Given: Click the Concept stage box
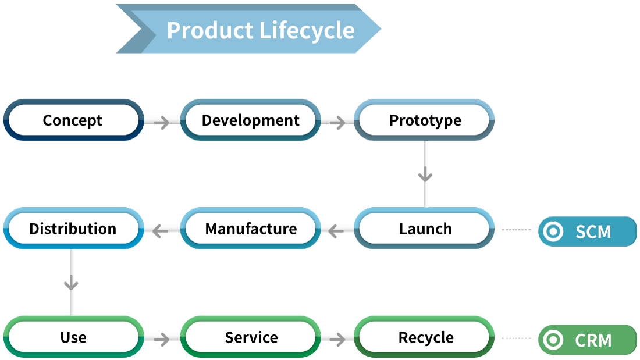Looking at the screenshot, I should [73, 120].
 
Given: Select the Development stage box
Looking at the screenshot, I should [250, 120].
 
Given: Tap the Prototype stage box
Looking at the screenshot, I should [425, 120].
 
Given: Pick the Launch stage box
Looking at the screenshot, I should [425, 229].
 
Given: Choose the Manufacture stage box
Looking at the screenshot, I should [250, 229].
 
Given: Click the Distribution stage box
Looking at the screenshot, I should [73, 229].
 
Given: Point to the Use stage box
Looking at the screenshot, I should [73, 337].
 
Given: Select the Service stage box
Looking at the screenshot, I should [250, 337].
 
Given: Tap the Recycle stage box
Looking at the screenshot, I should [425, 337].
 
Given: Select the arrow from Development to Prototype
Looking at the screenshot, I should [337, 122].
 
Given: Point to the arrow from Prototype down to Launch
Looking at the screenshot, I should [426, 174].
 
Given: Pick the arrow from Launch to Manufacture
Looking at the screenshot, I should [336, 231].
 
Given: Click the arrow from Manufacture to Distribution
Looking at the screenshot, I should [160, 231].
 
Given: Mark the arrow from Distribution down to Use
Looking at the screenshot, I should [72, 283].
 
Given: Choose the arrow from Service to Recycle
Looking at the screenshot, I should [337, 338].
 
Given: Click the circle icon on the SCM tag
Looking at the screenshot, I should [553, 232].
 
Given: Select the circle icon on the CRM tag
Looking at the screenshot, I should [553, 340].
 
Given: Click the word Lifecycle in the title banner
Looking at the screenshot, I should [307, 30].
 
